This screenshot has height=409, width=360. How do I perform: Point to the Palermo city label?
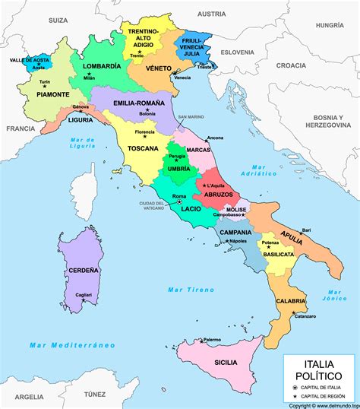click(211, 339)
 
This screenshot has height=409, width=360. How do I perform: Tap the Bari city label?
click(306, 230)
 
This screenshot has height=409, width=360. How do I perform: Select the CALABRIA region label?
click(291, 301)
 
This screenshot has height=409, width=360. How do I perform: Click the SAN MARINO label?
click(191, 117)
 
